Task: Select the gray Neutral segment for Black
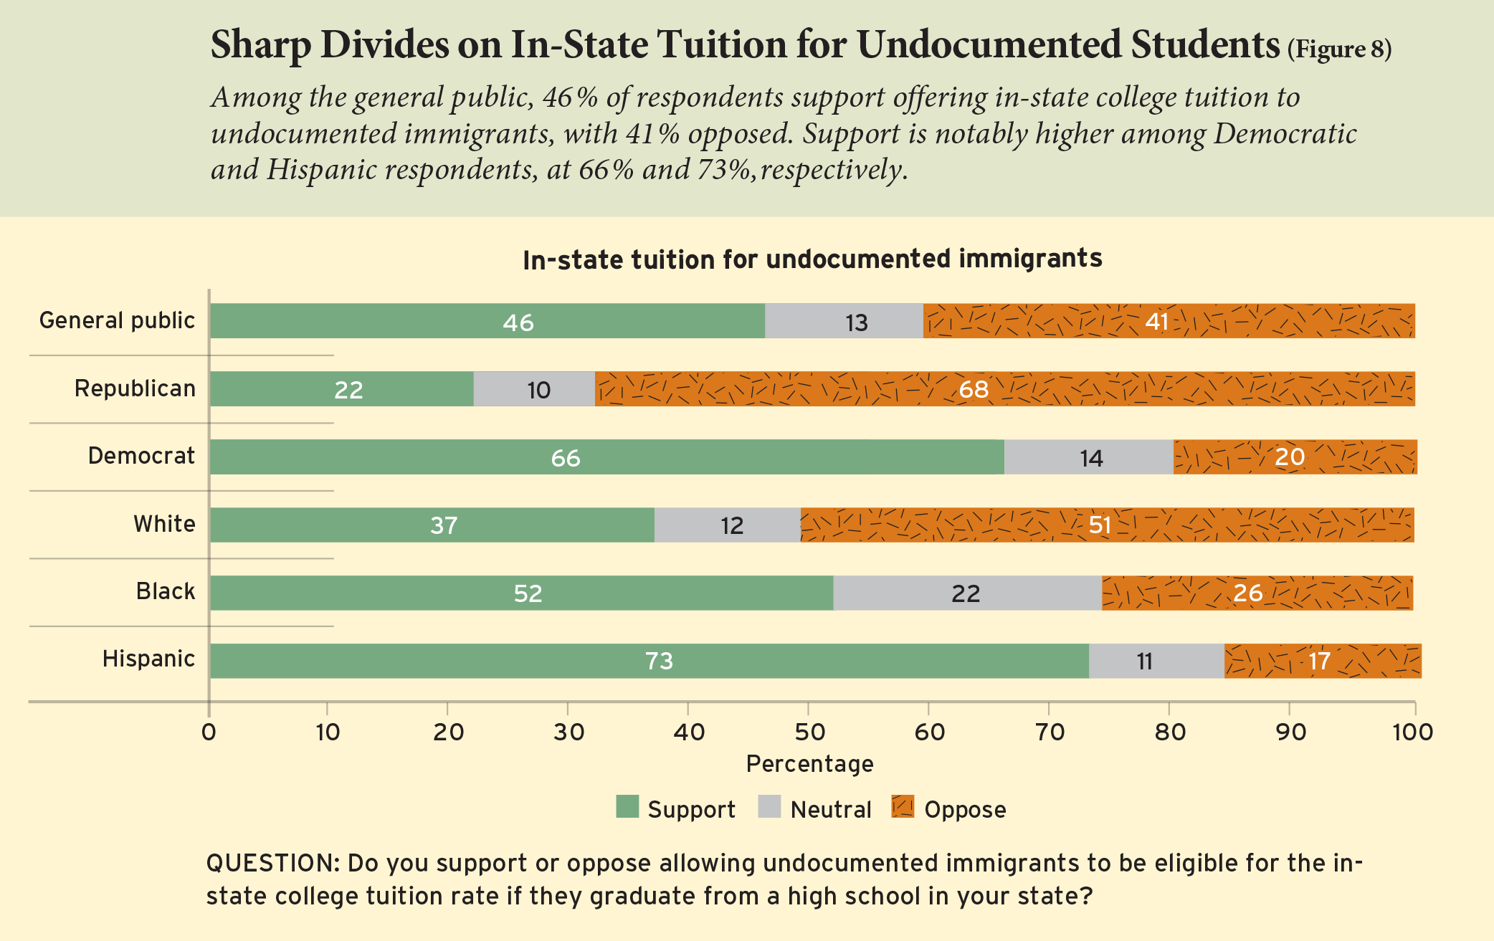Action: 966,593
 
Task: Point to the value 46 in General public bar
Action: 518,323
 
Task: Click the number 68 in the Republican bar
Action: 974,389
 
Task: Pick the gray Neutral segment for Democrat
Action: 1090,457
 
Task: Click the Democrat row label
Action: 141,456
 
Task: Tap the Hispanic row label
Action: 148,659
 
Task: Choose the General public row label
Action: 117,320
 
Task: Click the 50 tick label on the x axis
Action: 809,732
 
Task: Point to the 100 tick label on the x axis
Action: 1412,732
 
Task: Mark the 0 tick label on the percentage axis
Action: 209,732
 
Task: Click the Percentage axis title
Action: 809,764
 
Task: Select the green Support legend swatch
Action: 627,807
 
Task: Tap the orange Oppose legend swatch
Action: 903,807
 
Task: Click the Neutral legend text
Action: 830,810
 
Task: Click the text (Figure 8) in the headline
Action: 1339,49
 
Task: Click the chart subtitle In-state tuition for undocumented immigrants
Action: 812,259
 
